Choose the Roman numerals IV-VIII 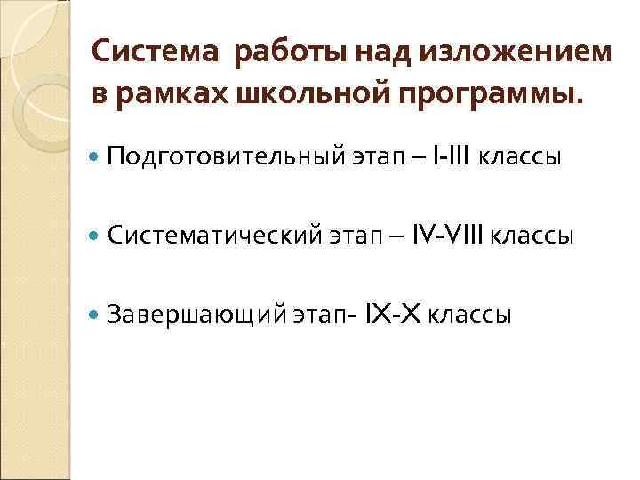[451, 236]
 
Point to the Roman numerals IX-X [396, 314]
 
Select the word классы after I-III [520, 158]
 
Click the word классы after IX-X [470, 315]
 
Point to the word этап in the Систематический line [354, 237]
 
